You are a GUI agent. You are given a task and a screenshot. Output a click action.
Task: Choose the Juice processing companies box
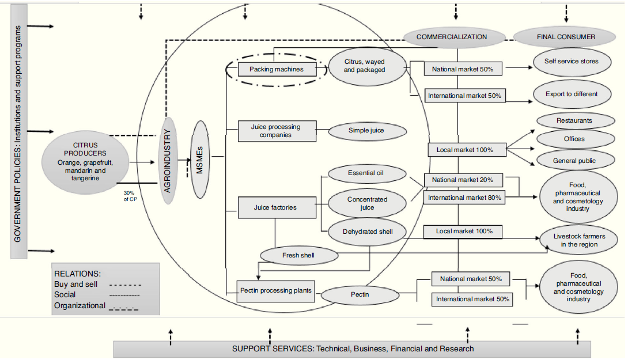click(x=277, y=131)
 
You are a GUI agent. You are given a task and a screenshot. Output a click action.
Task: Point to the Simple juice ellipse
click(x=366, y=131)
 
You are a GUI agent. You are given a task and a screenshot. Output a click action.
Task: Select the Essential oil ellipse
click(x=366, y=173)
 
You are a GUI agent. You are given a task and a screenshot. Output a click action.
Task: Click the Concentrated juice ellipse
click(x=367, y=203)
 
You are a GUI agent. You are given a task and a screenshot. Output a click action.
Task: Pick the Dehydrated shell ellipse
click(x=367, y=232)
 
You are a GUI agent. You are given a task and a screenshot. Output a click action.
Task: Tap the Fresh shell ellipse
click(x=298, y=255)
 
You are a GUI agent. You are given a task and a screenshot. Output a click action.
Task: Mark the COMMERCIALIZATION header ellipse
click(x=451, y=37)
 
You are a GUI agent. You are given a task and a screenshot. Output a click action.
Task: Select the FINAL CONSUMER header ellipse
click(x=566, y=37)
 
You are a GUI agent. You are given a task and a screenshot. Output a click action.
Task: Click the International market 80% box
click(x=464, y=198)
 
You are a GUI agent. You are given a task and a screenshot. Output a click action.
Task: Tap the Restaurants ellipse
click(x=574, y=120)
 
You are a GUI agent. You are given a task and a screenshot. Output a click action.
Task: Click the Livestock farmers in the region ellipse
click(x=580, y=240)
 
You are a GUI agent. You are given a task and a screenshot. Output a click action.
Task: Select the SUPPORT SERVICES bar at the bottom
click(x=352, y=348)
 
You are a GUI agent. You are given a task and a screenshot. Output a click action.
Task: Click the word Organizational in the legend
click(x=80, y=306)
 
